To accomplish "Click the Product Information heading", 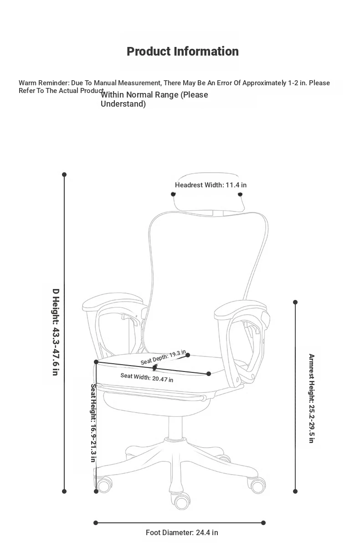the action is click(x=183, y=52).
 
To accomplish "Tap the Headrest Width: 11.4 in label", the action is click(x=211, y=185).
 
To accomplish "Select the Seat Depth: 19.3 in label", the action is click(x=163, y=357).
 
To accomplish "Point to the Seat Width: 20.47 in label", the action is click(x=147, y=377).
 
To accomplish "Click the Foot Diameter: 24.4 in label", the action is click(x=182, y=532).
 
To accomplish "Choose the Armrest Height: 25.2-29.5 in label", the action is click(x=312, y=398).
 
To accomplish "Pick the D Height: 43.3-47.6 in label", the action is click(x=56, y=332).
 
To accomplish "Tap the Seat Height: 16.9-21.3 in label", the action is click(x=93, y=423).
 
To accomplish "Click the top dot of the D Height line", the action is click(x=64, y=175).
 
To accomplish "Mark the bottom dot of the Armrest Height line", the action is click(x=295, y=491).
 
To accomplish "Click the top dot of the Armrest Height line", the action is click(x=295, y=302).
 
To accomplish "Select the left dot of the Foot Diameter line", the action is click(x=96, y=523).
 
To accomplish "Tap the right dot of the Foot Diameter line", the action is click(x=263, y=523).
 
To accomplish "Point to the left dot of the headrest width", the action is click(x=173, y=194).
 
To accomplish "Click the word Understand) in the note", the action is click(x=123, y=104).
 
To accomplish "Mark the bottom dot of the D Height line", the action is click(x=64, y=491).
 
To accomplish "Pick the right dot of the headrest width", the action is click(x=240, y=194).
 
